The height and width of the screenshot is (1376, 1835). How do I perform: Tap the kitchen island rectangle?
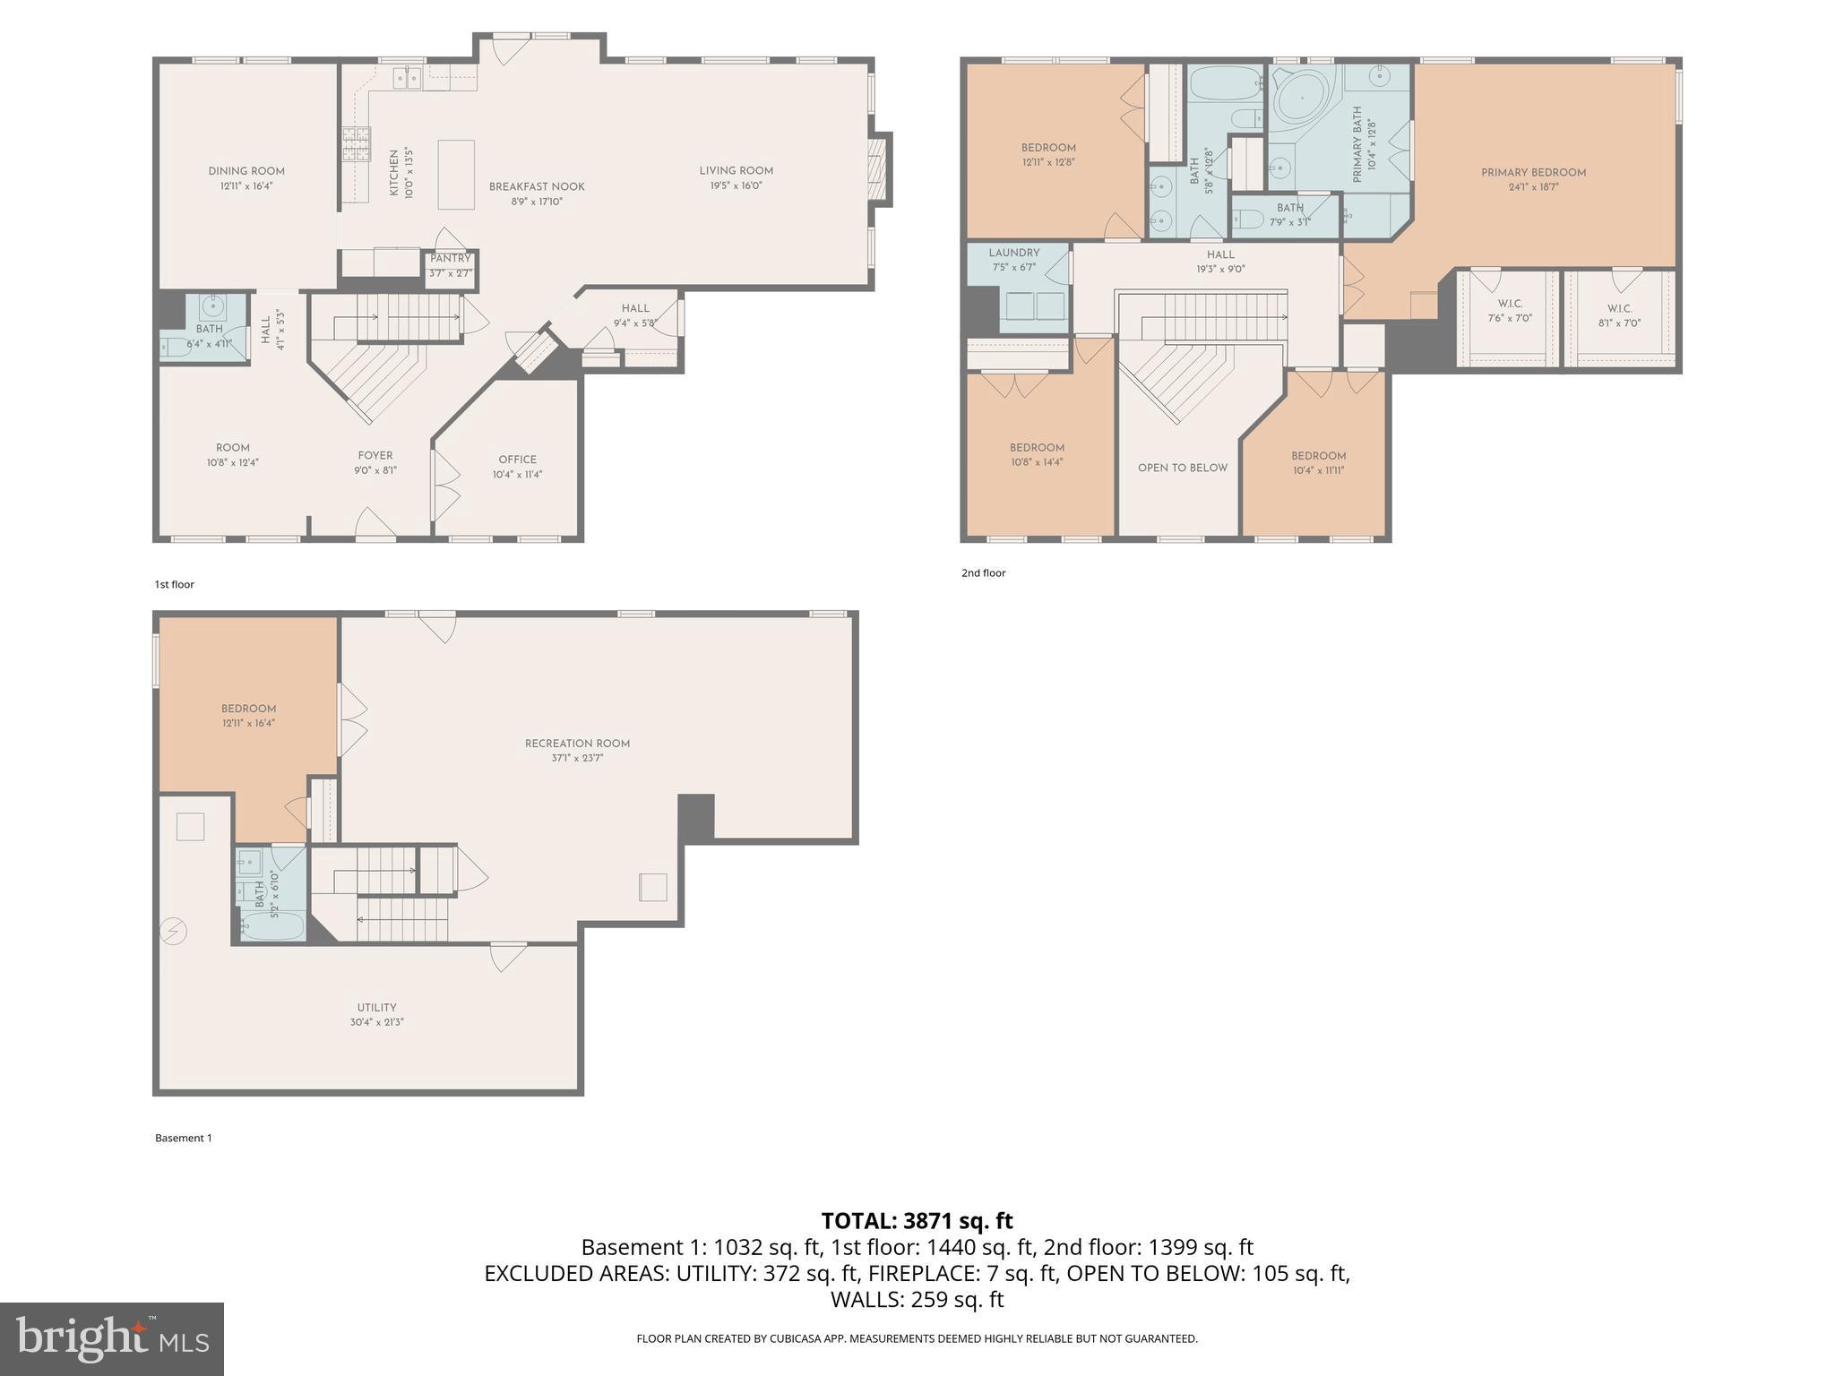[x=455, y=175]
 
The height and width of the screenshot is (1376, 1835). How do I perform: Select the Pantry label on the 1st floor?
[x=450, y=259]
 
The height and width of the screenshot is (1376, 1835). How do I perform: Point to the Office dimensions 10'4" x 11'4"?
[x=517, y=475]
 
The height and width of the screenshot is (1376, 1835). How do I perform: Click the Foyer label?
[x=375, y=455]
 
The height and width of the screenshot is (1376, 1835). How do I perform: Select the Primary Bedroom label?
[x=1533, y=173]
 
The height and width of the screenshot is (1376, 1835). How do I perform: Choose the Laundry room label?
[x=1014, y=254]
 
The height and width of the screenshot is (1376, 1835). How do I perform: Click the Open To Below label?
[x=1182, y=468]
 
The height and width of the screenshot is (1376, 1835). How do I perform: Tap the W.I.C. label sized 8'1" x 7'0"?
[x=1619, y=309]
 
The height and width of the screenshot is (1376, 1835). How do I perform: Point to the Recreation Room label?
[x=577, y=744]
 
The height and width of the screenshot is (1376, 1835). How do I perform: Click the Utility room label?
[x=376, y=1008]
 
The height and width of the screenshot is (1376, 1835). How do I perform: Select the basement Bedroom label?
[x=248, y=709]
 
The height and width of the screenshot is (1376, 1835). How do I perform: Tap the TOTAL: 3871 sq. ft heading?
[x=917, y=1221]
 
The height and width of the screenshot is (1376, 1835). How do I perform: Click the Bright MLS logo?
[x=112, y=1339]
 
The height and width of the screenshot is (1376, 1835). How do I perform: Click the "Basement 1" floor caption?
[x=184, y=1138]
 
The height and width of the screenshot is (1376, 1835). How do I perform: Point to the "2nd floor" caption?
[x=983, y=573]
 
